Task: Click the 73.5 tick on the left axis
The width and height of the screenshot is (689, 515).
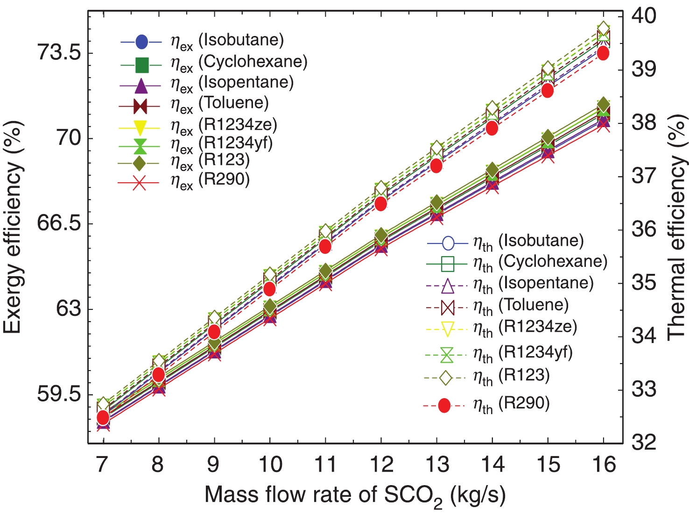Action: tap(59, 53)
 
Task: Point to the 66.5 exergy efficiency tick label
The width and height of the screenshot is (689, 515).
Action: tap(59, 223)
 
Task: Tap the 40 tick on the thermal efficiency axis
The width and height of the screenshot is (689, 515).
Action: tap(644, 15)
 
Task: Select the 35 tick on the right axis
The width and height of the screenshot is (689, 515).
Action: tap(644, 283)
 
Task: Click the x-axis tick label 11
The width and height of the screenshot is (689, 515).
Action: tap(325, 465)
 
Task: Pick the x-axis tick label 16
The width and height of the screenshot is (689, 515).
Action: tap(604, 465)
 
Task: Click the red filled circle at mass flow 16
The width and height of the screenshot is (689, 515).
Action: tap(603, 53)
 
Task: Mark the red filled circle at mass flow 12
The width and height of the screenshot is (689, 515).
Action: tap(381, 204)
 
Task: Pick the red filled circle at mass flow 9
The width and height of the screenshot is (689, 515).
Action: tap(214, 332)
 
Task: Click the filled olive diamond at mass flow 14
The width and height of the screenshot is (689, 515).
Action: tap(492, 170)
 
